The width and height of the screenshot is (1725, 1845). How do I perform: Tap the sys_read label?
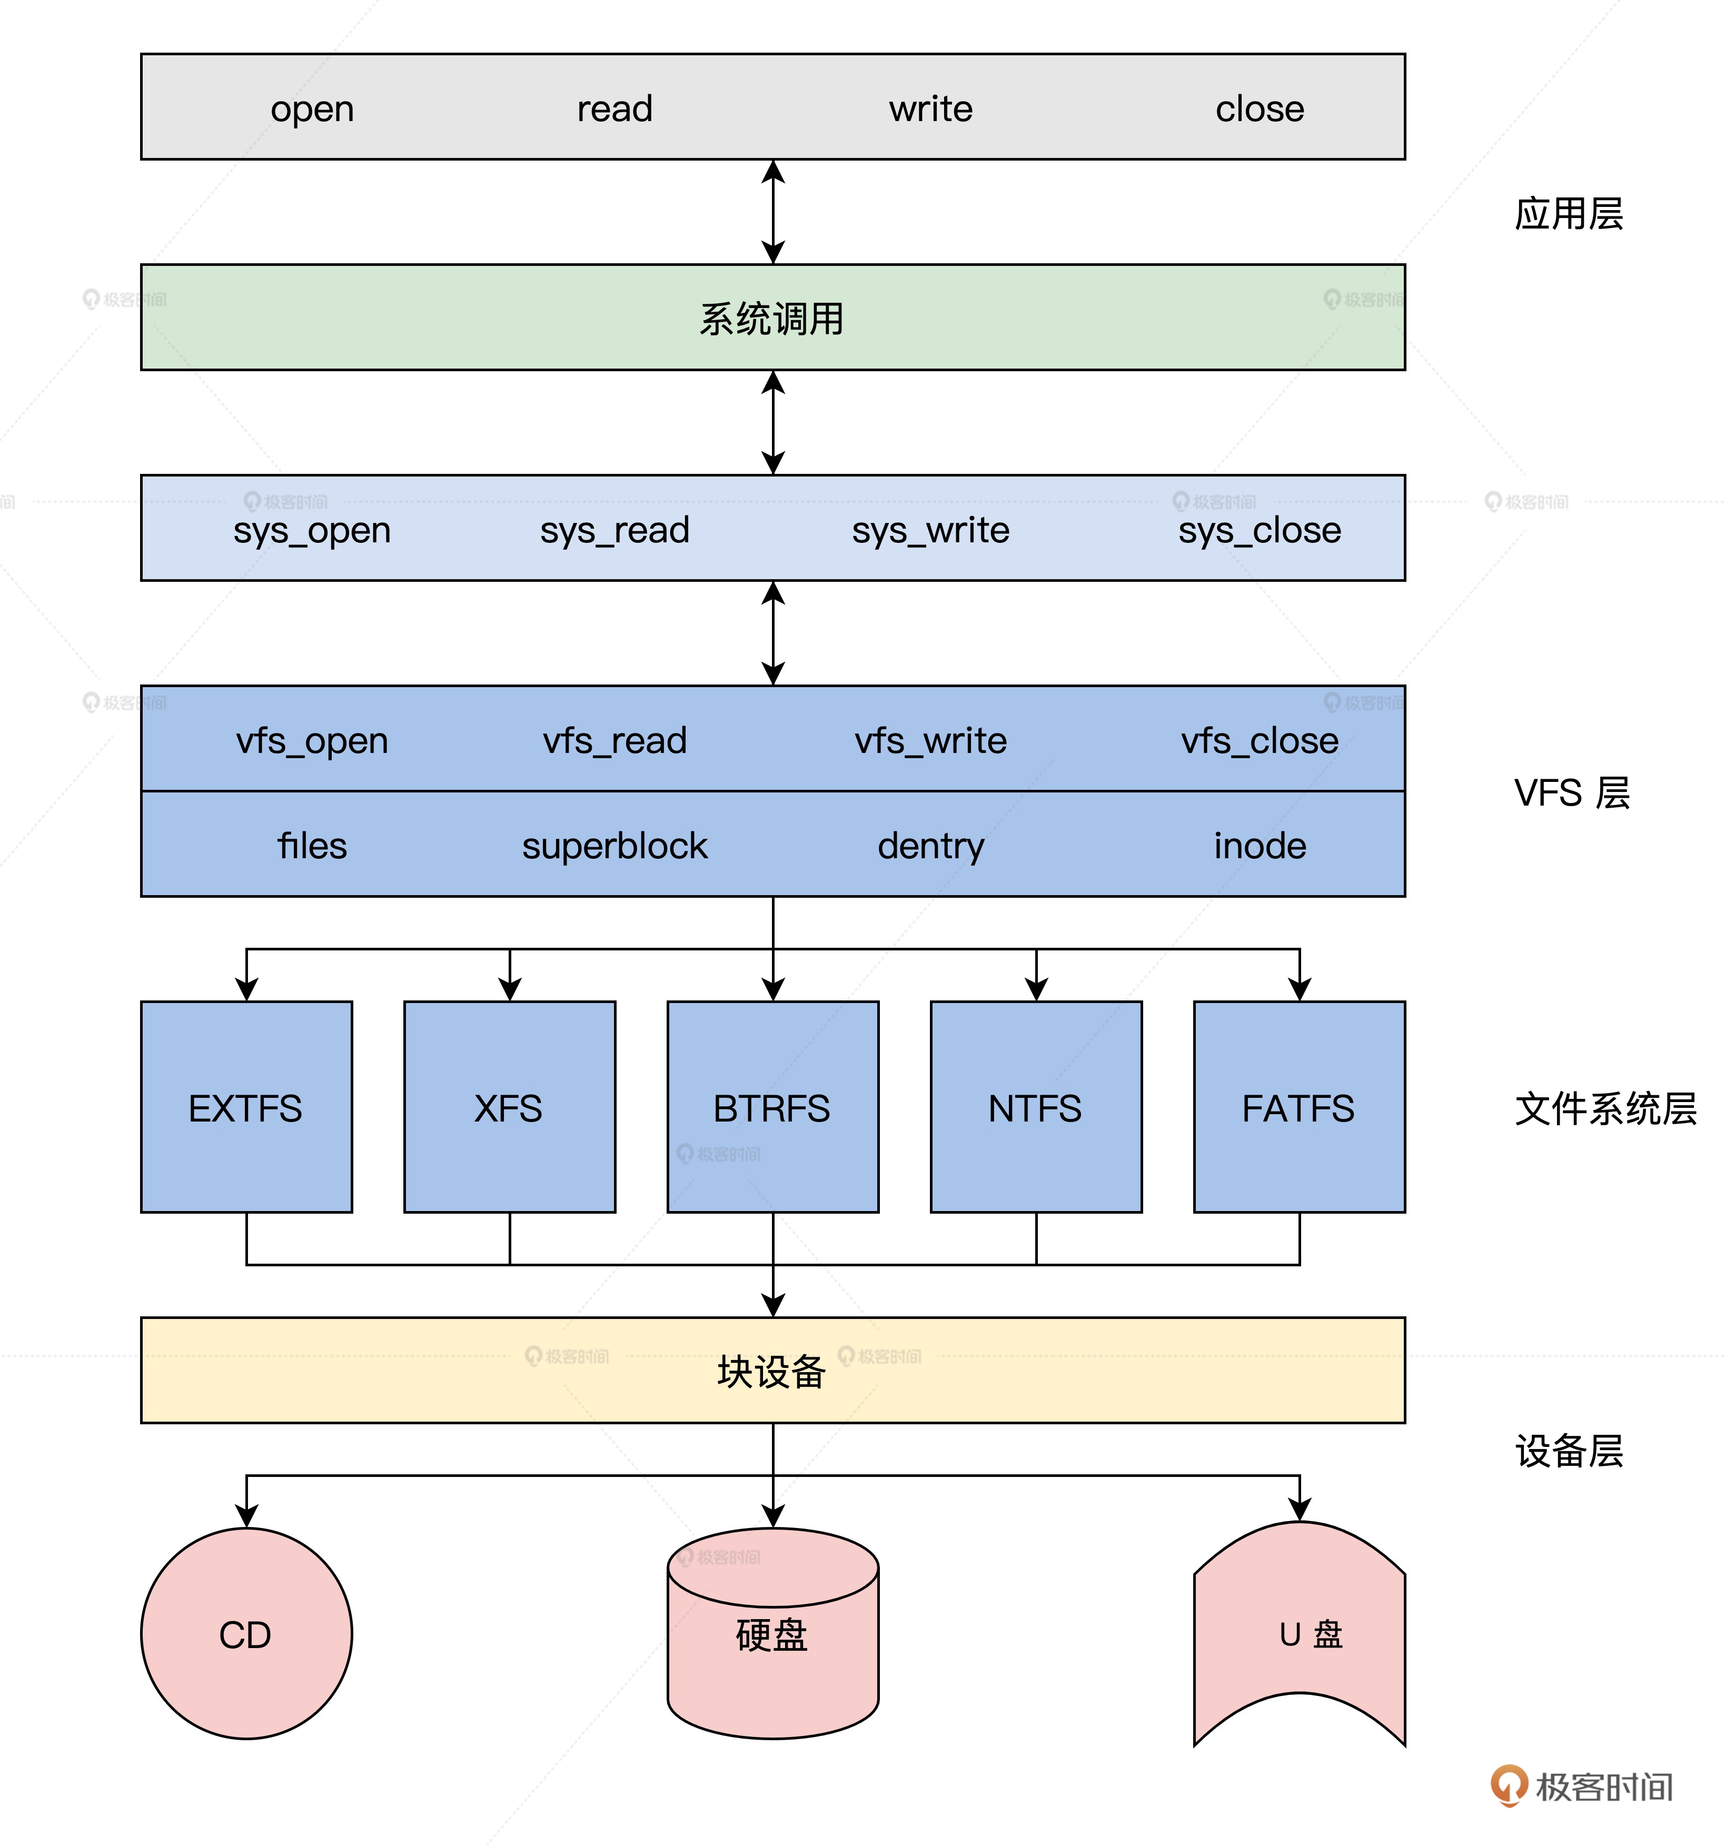point(614,530)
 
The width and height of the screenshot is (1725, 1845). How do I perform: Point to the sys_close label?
point(1259,530)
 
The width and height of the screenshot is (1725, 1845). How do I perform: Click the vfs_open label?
point(312,741)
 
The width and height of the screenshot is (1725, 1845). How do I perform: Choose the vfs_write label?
point(931,741)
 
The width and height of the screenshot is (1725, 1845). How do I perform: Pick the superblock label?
point(614,846)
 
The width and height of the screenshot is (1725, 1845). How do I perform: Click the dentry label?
point(931,846)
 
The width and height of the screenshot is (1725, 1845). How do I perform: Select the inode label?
point(1259,846)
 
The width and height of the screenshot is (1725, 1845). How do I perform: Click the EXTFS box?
point(246,1107)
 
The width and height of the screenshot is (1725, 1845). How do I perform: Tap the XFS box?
point(509,1107)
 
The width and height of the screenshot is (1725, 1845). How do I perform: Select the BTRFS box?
point(772,1107)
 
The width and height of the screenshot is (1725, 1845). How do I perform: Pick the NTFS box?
point(1036,1107)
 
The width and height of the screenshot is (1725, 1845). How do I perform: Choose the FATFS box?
point(1298,1107)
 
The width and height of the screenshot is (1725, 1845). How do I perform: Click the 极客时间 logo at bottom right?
point(1582,1787)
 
